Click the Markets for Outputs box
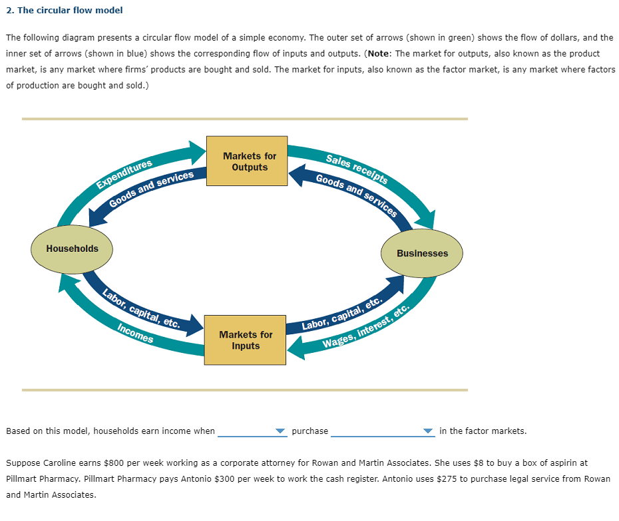coord(247,161)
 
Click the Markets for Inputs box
coord(246,340)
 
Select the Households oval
coord(72,249)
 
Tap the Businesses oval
coord(422,253)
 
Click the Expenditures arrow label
coord(124,173)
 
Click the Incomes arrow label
coord(135,334)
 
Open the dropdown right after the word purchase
coord(382,431)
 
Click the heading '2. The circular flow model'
coord(65,11)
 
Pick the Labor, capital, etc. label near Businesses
coord(341,314)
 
